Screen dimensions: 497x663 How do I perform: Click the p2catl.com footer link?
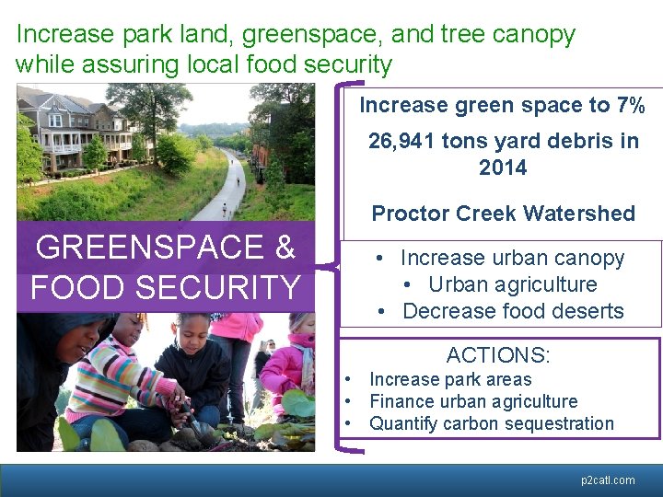click(608, 480)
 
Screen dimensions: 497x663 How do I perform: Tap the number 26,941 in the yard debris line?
click(401, 142)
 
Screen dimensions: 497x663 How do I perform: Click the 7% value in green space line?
click(631, 105)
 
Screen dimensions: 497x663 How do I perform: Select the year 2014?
click(503, 168)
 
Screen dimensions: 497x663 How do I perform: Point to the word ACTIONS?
click(496, 355)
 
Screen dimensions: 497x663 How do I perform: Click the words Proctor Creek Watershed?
click(503, 214)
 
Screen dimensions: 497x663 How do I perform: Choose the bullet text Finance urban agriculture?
click(473, 401)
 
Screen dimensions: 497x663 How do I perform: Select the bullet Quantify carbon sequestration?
click(491, 423)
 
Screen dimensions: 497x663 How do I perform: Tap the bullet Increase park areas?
click(449, 379)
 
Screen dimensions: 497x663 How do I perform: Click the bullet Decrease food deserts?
click(513, 311)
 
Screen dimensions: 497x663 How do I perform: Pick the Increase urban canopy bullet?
click(512, 259)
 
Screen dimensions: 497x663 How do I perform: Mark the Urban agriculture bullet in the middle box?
click(512, 284)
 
